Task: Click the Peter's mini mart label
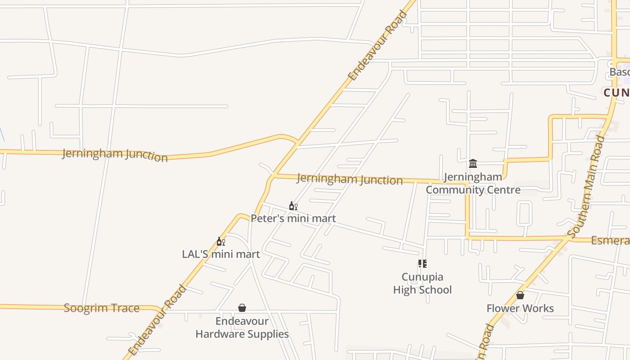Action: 293,219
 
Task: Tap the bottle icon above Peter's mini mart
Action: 293,206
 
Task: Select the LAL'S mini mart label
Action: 220,254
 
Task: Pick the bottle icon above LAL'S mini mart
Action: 220,242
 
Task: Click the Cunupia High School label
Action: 422,283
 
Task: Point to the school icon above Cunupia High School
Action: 422,264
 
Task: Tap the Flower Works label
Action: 520,308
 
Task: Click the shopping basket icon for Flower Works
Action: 520,296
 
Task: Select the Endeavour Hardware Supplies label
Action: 242,328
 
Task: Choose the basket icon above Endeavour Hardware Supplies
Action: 242,308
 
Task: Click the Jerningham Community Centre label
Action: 473,183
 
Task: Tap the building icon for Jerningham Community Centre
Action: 473,163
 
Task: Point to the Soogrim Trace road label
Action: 101,308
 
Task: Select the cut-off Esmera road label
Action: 610,241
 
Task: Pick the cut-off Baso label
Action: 619,72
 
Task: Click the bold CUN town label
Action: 616,93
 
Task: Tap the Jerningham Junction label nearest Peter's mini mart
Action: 350,179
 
